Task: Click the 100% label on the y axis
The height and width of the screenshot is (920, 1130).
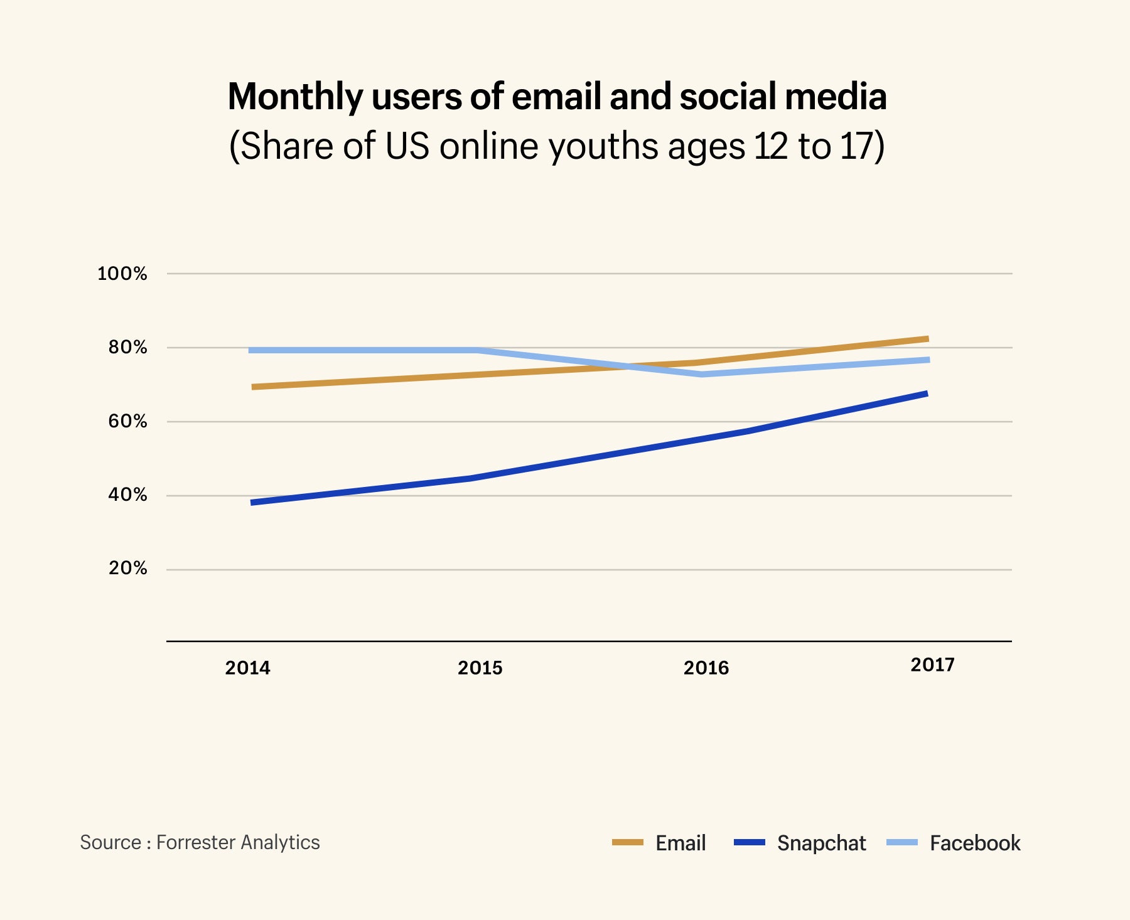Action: (122, 274)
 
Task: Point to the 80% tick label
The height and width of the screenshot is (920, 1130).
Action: (127, 347)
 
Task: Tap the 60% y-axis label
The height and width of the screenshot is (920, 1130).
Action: (127, 421)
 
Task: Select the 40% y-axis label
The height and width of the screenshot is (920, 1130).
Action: (127, 495)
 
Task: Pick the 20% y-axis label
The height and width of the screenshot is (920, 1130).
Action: (127, 569)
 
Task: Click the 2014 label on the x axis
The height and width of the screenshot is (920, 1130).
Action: (248, 668)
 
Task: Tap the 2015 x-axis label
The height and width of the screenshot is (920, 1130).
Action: (480, 668)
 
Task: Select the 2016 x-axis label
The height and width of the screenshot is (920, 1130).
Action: (706, 668)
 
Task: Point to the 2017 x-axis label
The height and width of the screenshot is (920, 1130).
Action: (932, 665)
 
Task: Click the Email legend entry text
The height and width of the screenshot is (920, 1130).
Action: (681, 843)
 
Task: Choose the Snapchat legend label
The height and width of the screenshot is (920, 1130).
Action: (821, 843)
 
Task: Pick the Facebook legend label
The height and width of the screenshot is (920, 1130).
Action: (975, 843)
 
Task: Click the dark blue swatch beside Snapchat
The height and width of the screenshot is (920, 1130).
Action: (750, 842)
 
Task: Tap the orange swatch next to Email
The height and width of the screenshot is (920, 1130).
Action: (628, 842)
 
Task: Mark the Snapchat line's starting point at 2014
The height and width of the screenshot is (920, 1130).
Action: (252, 503)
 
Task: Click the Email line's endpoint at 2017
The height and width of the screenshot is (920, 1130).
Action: (927, 339)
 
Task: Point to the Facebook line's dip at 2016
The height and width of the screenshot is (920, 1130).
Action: (702, 374)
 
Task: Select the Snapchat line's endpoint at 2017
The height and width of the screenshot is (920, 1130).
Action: (926, 393)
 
